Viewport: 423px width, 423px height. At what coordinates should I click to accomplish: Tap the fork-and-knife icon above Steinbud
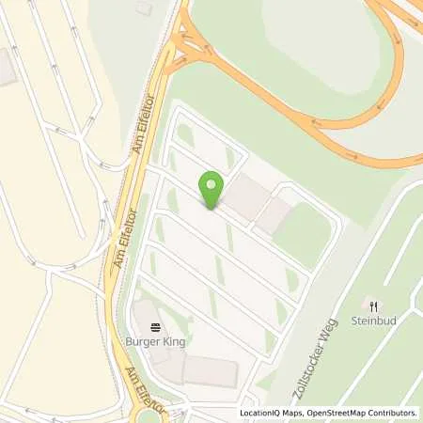pyautogui.click(x=373, y=305)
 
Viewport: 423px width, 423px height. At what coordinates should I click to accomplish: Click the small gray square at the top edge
pyautogui.click(x=143, y=8)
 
